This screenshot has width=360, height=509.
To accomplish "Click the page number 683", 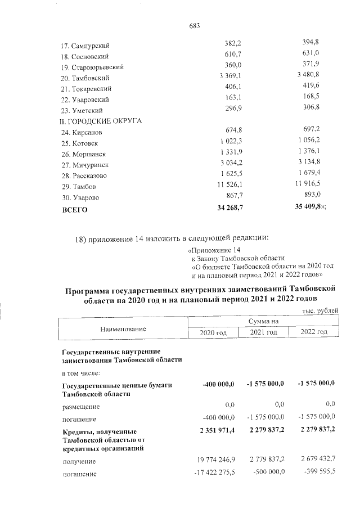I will point(196,26).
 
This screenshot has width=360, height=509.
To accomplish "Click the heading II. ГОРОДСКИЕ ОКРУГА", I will point(101,121).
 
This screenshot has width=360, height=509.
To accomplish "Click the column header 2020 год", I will point(213,332).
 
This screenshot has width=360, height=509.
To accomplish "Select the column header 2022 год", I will point(314,332).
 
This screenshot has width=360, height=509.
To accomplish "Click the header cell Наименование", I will point(123,328).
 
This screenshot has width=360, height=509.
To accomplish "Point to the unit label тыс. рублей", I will point(320,311).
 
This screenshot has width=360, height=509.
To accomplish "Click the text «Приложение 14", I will point(216,249).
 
